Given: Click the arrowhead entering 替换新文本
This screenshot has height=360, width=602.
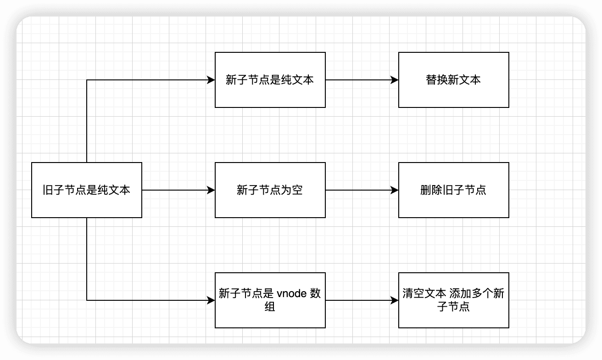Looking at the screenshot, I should (394, 80).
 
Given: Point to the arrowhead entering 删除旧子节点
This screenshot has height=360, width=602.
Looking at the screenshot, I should (394, 190).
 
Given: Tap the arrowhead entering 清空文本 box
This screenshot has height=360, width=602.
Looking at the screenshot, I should (394, 300).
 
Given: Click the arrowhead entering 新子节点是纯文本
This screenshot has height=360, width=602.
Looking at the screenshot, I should (211, 80).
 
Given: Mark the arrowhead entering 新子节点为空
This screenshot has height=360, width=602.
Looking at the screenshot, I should (211, 190).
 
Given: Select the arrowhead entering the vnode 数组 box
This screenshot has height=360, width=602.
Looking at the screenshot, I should (211, 300).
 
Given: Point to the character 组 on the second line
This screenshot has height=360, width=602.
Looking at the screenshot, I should (270, 307).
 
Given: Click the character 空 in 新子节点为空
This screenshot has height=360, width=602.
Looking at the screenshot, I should (297, 190).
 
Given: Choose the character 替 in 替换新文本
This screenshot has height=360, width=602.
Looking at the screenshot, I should (431, 80).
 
